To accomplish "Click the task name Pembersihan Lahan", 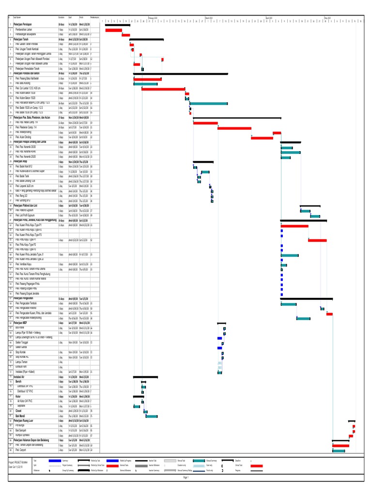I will pos(25,29).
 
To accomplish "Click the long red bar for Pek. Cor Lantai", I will pos(163,89).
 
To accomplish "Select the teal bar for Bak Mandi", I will pos(152,416).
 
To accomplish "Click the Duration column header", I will pos(62,18).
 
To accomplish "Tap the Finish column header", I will pos(82,18).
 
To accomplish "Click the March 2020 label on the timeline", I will pos(209,17).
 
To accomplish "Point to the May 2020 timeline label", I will pos(327,17).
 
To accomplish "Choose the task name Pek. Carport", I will pos(23,450).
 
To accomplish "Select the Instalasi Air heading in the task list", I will pos(19,376).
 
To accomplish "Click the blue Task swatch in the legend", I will pos(55,460).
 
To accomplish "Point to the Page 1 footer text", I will pos(186,477).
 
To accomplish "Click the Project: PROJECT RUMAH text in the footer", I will pos(17,463).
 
